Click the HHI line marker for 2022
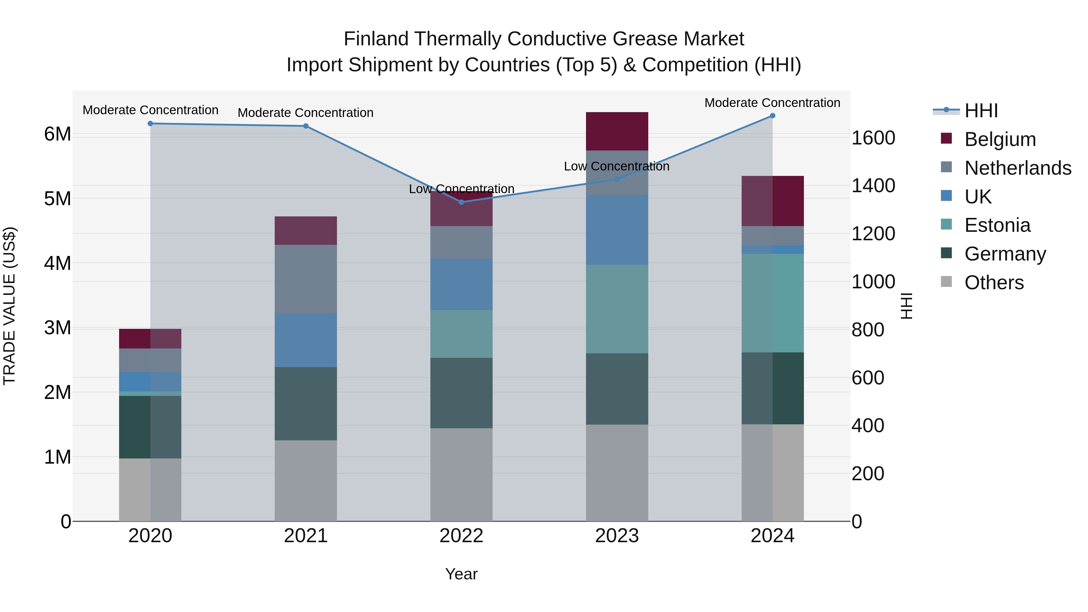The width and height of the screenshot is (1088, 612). point(461,202)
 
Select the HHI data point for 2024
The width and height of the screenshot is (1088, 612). point(772,116)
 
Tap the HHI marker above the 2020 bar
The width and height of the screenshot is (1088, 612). point(151,124)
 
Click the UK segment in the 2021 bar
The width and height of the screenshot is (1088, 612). point(306,340)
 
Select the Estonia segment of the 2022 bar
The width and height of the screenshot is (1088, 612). point(461,334)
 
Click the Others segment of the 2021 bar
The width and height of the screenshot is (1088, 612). point(306,481)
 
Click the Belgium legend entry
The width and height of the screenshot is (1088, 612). point(1000,139)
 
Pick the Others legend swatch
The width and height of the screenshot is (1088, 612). point(947,282)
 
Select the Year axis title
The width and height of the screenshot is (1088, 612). point(461,574)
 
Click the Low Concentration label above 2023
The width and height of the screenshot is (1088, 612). point(617,167)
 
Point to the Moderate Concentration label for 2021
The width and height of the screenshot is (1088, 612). point(306,113)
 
